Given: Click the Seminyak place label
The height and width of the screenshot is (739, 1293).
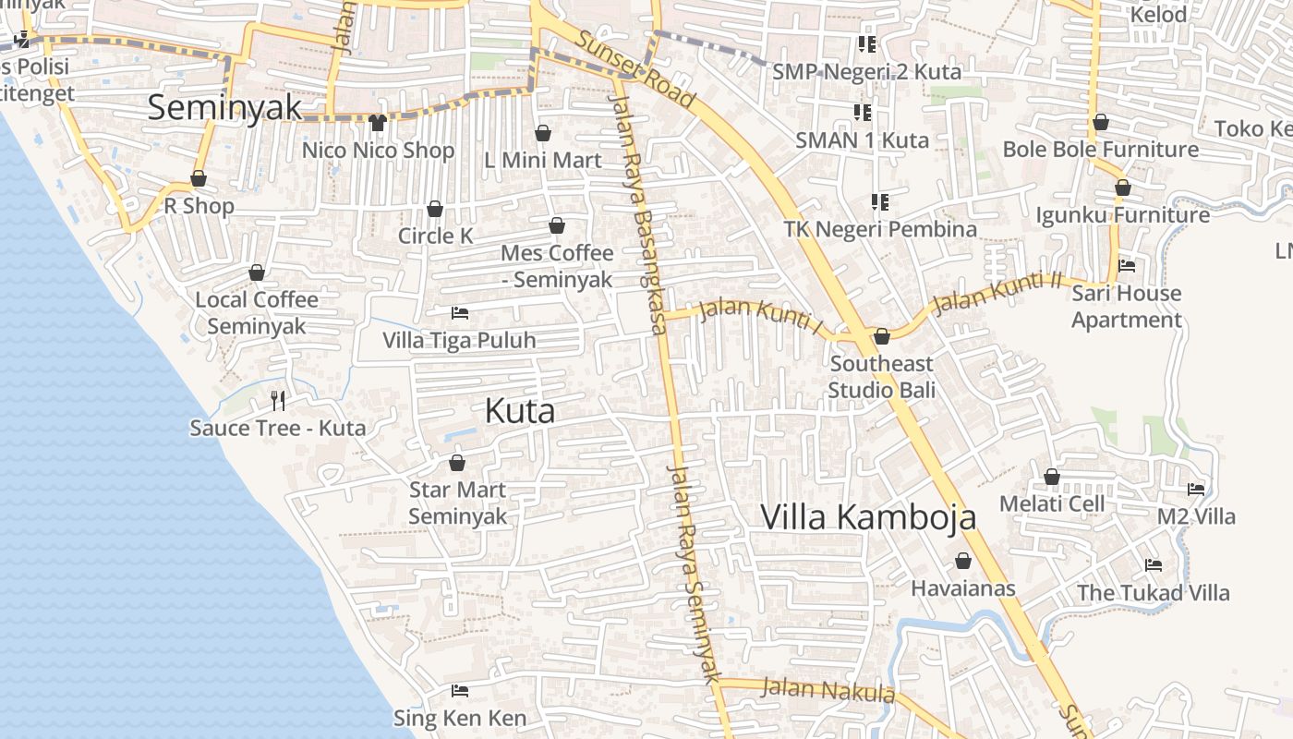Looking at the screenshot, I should [224, 107].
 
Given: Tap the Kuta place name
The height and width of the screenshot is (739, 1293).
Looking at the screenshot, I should [520, 411].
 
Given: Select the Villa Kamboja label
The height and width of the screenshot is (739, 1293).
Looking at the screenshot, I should [868, 516].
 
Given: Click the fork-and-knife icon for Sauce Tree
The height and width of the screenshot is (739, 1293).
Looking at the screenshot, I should [278, 400].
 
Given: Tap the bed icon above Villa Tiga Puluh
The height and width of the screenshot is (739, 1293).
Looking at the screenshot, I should [459, 313].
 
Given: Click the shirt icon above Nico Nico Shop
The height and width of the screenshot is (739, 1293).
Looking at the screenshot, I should [377, 122].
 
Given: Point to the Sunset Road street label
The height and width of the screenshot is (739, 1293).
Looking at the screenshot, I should [636, 68].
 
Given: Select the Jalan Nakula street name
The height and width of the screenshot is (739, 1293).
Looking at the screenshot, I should [828, 690].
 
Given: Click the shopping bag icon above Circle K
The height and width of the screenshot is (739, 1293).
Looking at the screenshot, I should [434, 209].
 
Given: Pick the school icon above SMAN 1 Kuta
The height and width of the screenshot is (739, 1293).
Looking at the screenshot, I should [862, 113].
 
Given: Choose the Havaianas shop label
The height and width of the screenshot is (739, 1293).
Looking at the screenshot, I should [963, 588].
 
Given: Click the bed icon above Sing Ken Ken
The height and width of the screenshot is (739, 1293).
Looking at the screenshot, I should [459, 690].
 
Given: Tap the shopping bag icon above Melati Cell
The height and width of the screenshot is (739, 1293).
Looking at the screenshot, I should [1052, 477].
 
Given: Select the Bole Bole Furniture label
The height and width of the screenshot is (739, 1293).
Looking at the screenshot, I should [1100, 150].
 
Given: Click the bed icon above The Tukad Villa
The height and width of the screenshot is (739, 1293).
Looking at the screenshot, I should [1153, 564].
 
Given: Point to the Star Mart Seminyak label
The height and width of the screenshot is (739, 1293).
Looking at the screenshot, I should [457, 503].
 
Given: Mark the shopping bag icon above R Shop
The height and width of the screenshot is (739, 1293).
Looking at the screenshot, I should [199, 178].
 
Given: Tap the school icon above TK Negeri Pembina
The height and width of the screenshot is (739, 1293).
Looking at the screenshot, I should [879, 201].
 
